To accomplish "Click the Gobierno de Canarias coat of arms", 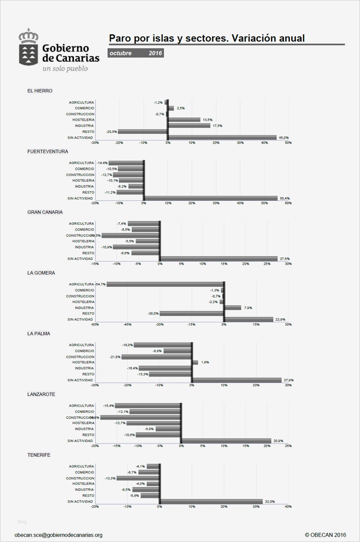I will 28,47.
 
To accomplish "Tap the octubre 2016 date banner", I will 136,53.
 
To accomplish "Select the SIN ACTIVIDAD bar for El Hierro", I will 222,137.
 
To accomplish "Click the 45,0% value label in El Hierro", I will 283,137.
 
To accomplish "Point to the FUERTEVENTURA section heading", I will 48,151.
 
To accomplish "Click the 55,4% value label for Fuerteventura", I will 284,198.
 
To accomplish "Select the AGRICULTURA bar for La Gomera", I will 165,285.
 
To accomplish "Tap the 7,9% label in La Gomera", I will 247,308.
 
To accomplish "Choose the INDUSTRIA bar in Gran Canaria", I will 136,247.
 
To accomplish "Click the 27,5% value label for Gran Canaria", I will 284,259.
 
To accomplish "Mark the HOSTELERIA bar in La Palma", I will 195,362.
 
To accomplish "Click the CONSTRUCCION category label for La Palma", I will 80,357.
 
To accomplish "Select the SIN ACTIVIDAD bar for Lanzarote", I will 226,441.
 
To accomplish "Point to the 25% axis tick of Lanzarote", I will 288,446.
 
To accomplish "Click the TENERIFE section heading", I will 39,455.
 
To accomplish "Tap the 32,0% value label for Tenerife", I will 270,501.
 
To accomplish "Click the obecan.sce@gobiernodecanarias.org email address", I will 58,535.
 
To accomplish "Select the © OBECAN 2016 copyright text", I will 325,535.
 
